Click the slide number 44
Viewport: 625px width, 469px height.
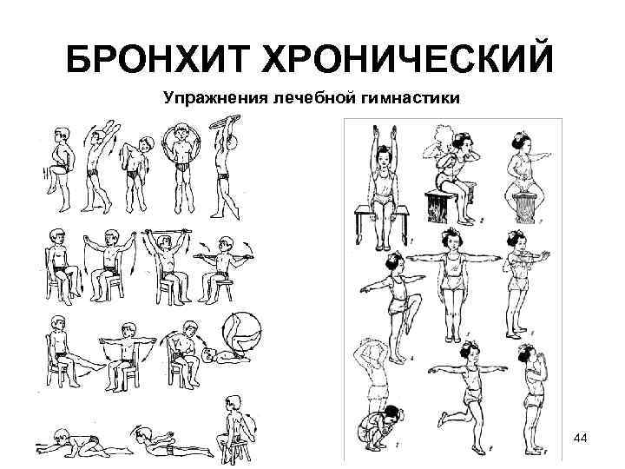pyautogui.click(x=581, y=440)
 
